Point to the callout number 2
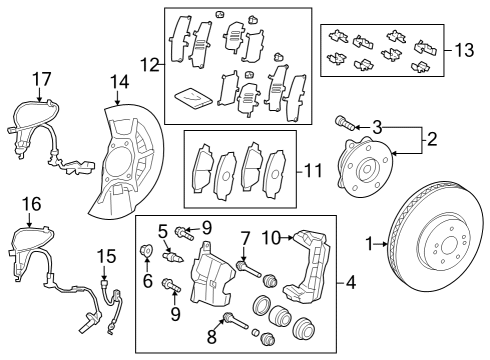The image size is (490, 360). click(432, 140)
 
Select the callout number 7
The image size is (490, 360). click(242, 237)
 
